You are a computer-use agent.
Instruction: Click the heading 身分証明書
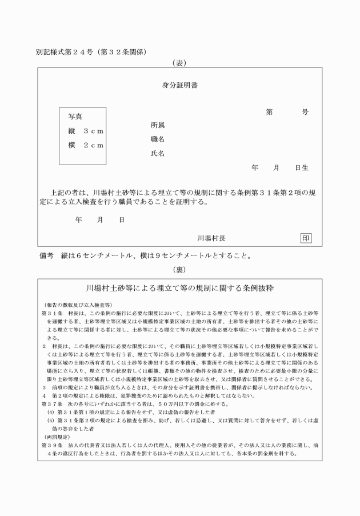pyautogui.click(x=180, y=86)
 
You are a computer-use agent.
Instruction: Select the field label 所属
pyautogui.click(x=158, y=125)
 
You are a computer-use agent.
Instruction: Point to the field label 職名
pyautogui.click(x=158, y=139)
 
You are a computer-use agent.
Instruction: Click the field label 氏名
pyautogui.click(x=158, y=154)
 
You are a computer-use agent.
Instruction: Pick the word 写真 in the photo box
pyautogui.click(x=75, y=117)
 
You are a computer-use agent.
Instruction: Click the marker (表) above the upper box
pyautogui.click(x=180, y=62)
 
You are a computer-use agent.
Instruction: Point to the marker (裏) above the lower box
pyautogui.click(x=180, y=269)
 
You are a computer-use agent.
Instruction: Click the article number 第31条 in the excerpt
pyautogui.click(x=50, y=314)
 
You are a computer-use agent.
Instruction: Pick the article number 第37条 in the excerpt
pyautogui.click(x=50, y=404)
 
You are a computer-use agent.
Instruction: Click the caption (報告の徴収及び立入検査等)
pyautogui.click(x=77, y=305)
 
